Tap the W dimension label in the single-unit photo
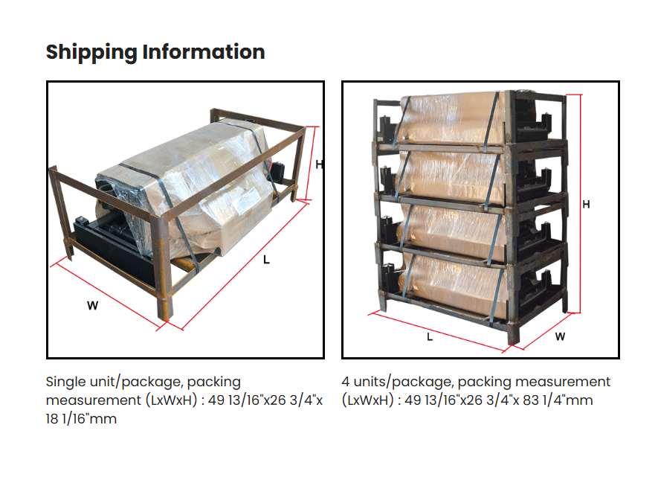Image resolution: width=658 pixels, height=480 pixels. (92, 305)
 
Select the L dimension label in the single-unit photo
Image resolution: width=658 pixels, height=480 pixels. (266, 260)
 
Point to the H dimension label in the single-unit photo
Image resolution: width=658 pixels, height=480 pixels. (318, 164)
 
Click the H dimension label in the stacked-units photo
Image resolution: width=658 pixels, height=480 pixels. (586, 205)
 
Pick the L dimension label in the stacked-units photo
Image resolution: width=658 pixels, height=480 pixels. (430, 336)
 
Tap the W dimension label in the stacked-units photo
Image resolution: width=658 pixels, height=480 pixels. (560, 336)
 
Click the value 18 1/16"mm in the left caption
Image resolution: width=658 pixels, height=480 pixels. (81, 419)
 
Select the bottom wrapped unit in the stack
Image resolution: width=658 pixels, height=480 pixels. (454, 275)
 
